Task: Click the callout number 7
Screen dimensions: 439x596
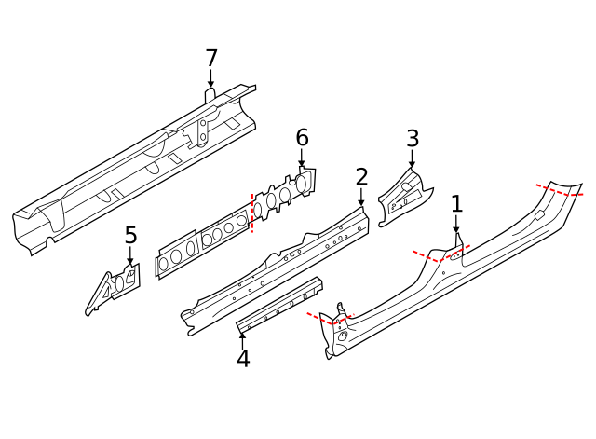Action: point(211,58)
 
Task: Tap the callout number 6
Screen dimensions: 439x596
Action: point(302,138)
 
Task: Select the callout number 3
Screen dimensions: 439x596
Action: point(413,139)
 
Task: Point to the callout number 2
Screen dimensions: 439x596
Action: point(361,177)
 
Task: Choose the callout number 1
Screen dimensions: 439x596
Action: point(456,203)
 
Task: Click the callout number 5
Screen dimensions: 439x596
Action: point(130,235)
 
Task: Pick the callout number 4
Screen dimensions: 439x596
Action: point(243,358)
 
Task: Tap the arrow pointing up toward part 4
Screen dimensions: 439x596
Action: point(243,336)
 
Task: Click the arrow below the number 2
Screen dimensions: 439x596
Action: point(361,198)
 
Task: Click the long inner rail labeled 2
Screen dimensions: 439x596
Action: point(279,266)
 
